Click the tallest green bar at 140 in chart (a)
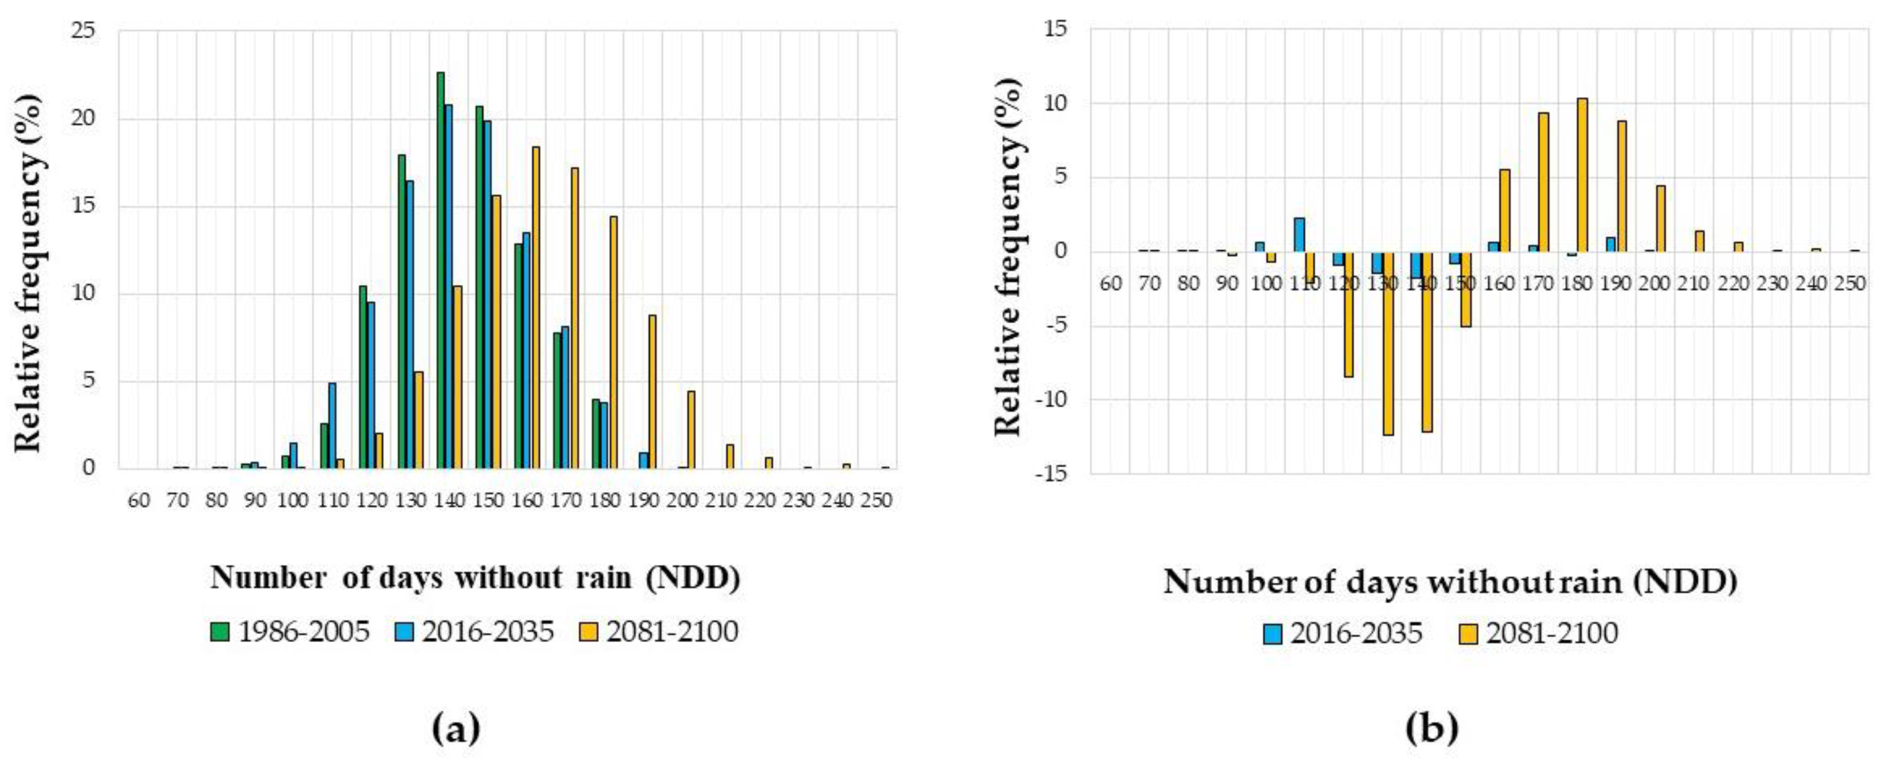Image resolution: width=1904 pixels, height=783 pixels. click(x=441, y=270)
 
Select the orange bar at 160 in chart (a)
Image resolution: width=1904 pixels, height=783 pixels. click(x=536, y=307)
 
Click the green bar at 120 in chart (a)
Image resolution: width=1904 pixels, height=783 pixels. click(x=363, y=376)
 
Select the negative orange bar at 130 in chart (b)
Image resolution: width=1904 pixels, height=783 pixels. click(x=1388, y=343)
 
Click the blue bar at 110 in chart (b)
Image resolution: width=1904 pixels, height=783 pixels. click(x=1299, y=234)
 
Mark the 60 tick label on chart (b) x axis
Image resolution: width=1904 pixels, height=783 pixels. click(x=1111, y=284)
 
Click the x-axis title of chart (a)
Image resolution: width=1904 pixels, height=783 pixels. click(x=475, y=578)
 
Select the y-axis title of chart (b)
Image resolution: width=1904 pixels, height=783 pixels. click(x=1008, y=252)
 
